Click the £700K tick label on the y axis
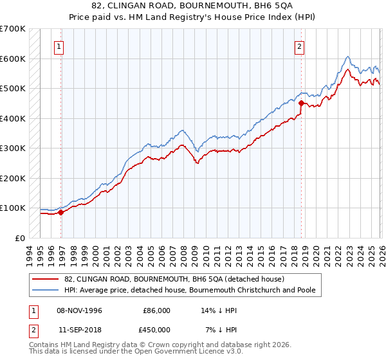13,29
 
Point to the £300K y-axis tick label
13,148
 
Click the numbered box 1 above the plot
59,46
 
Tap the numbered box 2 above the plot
300,46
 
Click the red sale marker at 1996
61,212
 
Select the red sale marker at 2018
300,102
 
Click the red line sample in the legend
46,279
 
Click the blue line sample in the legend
46,290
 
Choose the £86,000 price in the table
156,310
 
